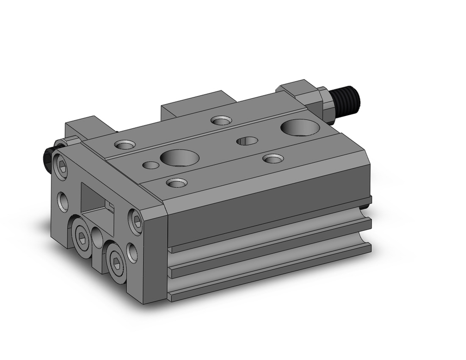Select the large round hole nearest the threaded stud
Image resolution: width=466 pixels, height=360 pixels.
point(300,127)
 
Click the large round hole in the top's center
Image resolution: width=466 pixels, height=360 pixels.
point(179,158)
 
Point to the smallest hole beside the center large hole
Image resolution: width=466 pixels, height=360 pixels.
point(150,164)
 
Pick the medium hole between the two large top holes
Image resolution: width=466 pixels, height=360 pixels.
point(247,141)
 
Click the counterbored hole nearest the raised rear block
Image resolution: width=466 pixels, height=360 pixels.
point(221,121)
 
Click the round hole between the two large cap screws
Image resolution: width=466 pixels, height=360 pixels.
point(97,238)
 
